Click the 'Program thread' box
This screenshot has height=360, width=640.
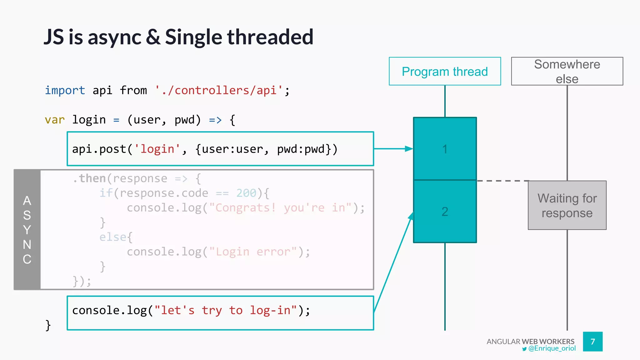[445, 71]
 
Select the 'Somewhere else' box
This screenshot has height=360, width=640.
[567, 71]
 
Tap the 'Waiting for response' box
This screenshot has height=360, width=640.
[567, 205]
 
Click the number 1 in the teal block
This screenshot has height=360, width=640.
[445, 149]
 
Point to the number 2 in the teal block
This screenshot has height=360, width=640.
[445, 212]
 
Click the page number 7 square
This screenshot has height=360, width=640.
[592, 342]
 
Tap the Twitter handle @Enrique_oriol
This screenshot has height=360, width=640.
[552, 348]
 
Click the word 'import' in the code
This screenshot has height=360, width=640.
[65, 90]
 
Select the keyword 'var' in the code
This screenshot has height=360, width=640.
[55, 120]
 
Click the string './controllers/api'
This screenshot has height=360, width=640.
[219, 90]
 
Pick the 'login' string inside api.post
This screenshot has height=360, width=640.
[157, 149]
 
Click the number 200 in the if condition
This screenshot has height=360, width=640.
[246, 193]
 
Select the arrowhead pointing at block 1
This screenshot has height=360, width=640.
[409, 149]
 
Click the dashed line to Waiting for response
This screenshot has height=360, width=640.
[502, 181]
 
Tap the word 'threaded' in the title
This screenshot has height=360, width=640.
[270, 37]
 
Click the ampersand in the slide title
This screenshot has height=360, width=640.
[153, 37]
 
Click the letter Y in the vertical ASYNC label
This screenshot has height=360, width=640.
[27, 230]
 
